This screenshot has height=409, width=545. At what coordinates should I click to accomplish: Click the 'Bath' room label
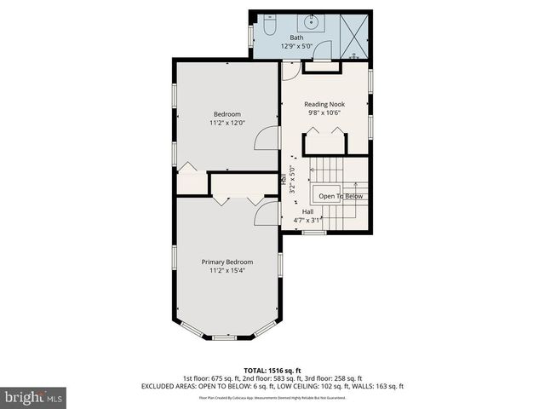296,37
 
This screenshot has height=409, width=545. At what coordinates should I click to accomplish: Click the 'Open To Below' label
341,197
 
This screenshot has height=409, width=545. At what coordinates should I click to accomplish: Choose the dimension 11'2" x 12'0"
227,123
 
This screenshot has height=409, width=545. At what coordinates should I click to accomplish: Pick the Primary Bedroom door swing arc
267,213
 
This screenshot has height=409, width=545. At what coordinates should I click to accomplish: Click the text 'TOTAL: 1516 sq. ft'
272,370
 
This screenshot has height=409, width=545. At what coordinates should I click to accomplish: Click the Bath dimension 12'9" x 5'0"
296,46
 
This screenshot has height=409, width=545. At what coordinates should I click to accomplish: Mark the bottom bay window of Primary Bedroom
225,337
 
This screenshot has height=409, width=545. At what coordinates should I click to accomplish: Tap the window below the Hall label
315,232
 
